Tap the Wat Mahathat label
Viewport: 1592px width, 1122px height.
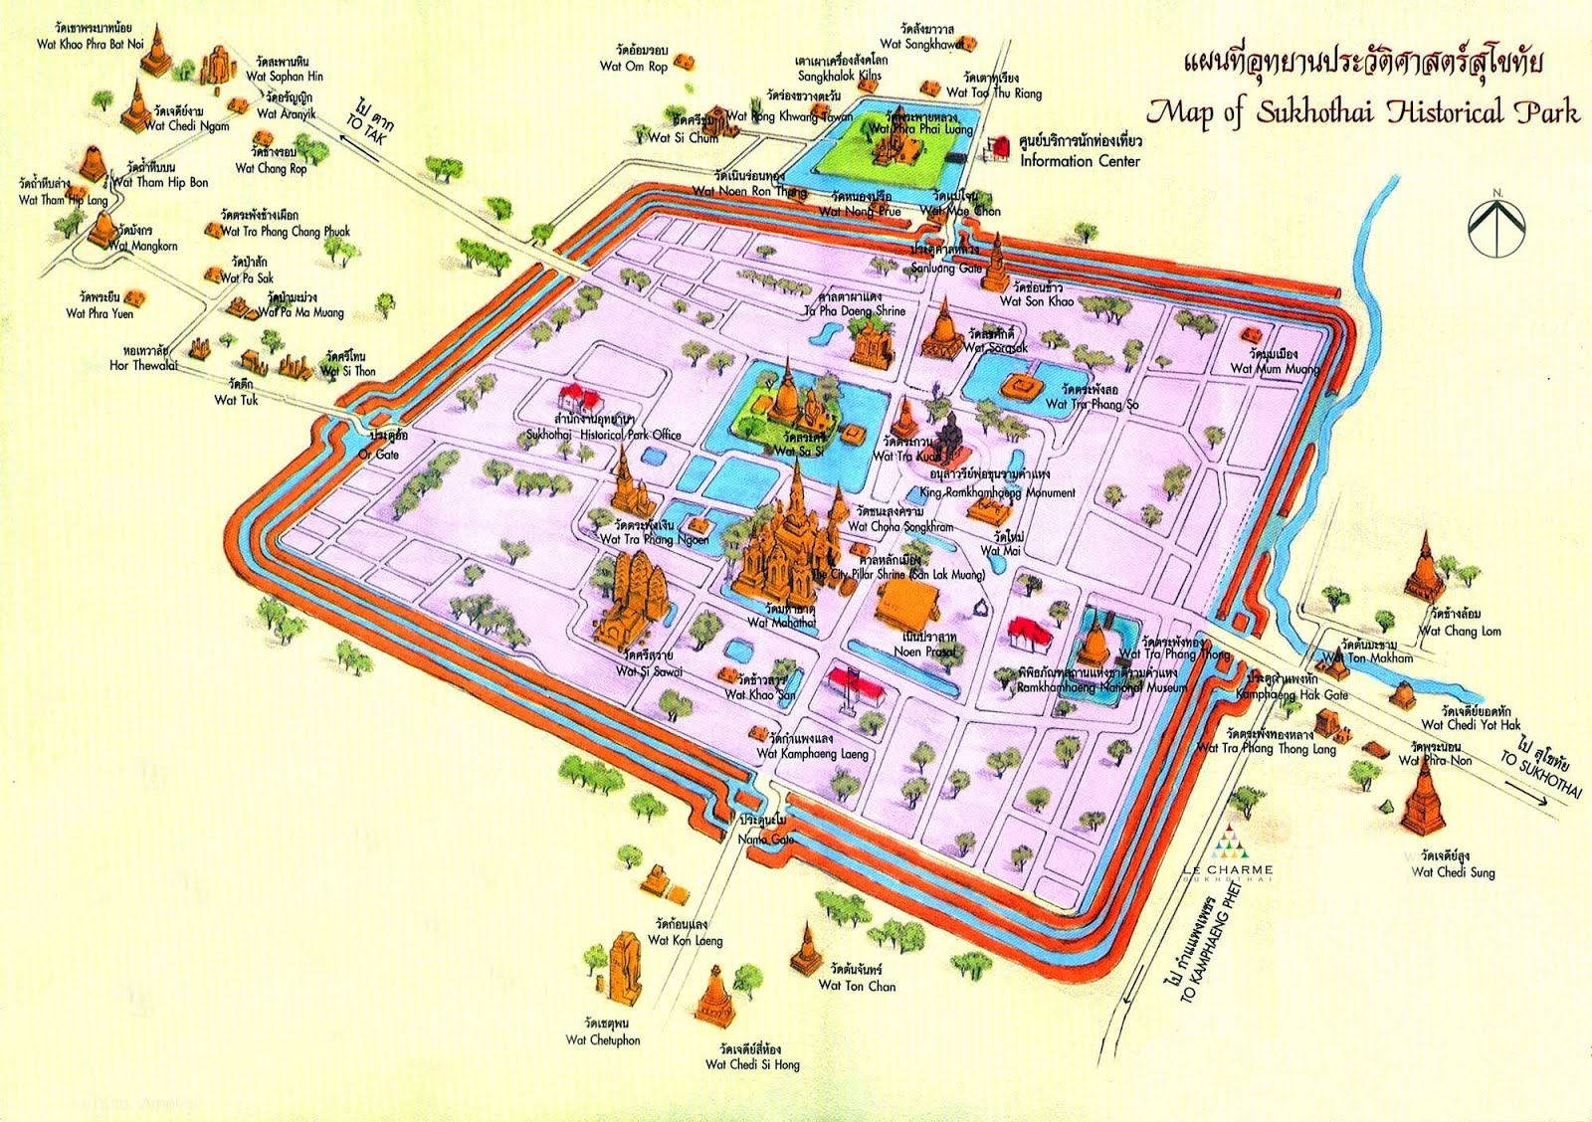pos(781,623)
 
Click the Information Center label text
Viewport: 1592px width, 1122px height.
pos(1080,161)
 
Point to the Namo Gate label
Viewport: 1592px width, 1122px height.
pos(766,839)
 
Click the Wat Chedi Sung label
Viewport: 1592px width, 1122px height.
pos(1453,872)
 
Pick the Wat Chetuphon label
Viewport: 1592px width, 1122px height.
pos(603,1040)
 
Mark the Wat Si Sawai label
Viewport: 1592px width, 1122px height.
pos(649,671)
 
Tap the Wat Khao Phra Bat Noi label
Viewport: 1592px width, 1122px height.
pos(91,44)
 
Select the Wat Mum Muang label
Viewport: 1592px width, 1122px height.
pos(1275,368)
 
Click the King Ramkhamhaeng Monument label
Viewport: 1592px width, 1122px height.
pos(997,492)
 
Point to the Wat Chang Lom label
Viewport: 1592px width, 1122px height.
pos(1460,631)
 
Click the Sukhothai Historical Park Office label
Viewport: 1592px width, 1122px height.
pos(603,435)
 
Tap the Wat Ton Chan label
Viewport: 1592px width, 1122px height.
pos(857,986)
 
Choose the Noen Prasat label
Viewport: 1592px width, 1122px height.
pos(924,652)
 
